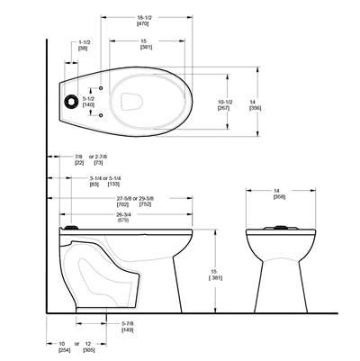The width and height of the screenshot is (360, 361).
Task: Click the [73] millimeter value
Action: pos(98,164)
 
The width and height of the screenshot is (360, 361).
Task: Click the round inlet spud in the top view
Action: pos(67,102)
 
